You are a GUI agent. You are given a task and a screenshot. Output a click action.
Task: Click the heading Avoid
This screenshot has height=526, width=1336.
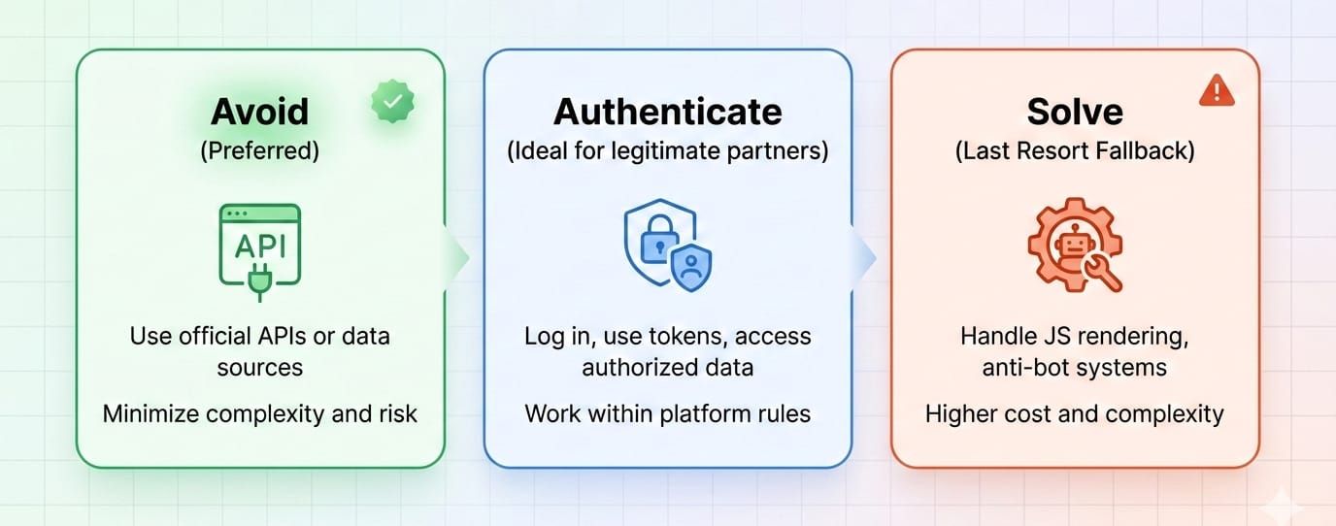259,112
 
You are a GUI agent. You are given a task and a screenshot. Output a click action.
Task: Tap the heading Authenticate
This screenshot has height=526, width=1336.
667,112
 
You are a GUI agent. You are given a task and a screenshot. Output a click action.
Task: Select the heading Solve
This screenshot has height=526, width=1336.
1075,112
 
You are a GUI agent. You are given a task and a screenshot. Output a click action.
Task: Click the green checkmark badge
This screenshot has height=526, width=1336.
392,101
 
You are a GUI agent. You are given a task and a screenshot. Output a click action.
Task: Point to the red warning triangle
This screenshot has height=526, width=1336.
1217,90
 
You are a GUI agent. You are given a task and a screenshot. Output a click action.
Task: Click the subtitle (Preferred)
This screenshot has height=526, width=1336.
259,150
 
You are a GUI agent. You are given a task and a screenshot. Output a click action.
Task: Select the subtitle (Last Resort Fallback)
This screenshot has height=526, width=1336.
1075,150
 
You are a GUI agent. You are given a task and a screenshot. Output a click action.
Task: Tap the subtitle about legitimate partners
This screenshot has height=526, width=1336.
667,150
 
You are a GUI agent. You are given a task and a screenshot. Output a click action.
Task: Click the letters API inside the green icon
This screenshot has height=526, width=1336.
260,246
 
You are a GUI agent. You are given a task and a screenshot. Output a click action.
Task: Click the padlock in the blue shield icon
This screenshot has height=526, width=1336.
659,239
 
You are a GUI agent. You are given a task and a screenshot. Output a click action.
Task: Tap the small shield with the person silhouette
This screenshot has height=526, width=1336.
691,267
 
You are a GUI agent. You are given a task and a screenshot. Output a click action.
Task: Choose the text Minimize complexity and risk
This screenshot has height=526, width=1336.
259,413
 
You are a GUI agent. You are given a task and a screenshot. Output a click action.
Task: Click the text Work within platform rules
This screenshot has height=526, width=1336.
667,413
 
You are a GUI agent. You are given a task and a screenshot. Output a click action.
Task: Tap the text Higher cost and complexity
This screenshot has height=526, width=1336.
1074,413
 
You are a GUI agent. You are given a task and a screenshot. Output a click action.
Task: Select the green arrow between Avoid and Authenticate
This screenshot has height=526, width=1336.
457,257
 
